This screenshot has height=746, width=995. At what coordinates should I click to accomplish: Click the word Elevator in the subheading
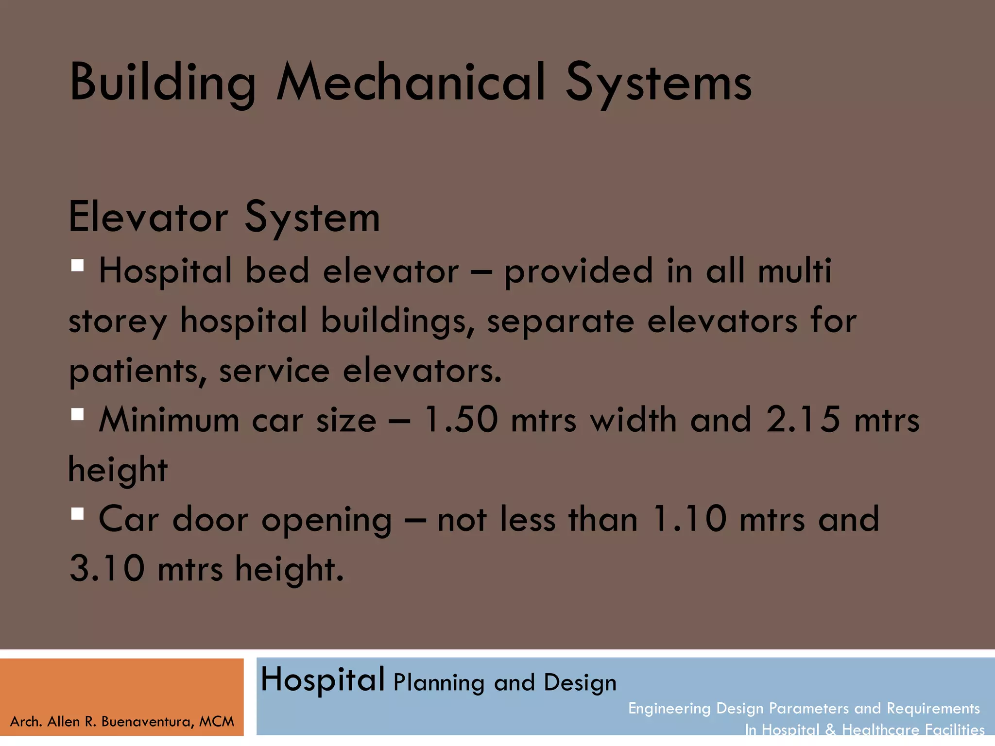pyautogui.click(x=148, y=217)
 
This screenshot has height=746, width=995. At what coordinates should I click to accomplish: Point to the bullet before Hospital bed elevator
pyautogui.click(x=77, y=265)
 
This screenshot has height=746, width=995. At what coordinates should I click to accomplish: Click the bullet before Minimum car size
pyautogui.click(x=77, y=414)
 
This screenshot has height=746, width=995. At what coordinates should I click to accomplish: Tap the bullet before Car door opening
pyautogui.click(x=77, y=514)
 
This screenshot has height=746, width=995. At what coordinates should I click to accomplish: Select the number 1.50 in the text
pyautogui.click(x=461, y=419)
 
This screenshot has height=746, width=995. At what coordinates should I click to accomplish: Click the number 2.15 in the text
pyautogui.click(x=803, y=419)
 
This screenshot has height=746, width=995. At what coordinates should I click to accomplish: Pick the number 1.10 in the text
pyautogui.click(x=689, y=519)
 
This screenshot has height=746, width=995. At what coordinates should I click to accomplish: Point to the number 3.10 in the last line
pyautogui.click(x=107, y=568)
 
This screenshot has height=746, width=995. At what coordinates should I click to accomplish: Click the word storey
pyautogui.click(x=118, y=322)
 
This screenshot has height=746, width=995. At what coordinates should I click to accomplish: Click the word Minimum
pyautogui.click(x=169, y=419)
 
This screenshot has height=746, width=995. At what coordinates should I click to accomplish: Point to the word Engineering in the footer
pyautogui.click(x=669, y=708)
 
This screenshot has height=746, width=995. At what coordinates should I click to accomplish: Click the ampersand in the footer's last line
pyautogui.click(x=830, y=729)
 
